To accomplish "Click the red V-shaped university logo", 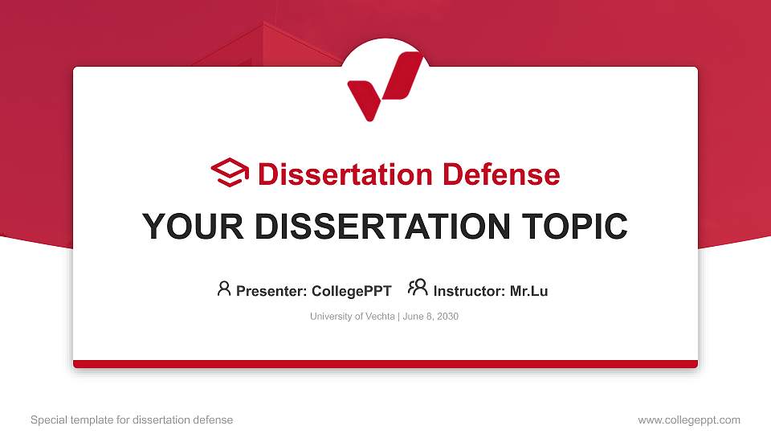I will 383,84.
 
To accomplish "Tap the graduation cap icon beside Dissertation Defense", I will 230,174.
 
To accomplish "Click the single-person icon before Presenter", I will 224,289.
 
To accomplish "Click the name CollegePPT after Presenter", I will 351,291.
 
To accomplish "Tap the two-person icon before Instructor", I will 417,288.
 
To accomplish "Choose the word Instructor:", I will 469,291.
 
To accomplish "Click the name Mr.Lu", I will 528,291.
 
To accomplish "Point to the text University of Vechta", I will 352,317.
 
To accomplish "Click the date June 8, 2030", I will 430,317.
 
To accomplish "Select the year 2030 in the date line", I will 447,317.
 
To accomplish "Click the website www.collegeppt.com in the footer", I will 689,420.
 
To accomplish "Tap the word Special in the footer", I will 47,420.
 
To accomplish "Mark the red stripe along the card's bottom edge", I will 385,364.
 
